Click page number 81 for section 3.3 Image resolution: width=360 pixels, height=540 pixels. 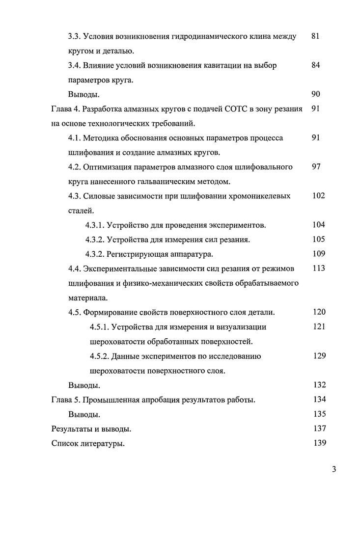coord(316,36)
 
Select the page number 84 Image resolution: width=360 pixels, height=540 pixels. coord(316,65)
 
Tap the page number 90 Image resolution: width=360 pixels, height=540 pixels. coord(316,94)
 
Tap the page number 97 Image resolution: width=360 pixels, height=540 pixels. coord(316,167)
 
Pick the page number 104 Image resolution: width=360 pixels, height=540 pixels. coord(319,225)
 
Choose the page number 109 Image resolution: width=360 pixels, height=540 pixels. coord(319,254)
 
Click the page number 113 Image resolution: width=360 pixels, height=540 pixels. coord(319,269)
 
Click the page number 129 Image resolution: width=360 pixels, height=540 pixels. coord(319,356)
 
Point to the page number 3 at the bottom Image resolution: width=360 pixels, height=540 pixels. coord(333,469)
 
